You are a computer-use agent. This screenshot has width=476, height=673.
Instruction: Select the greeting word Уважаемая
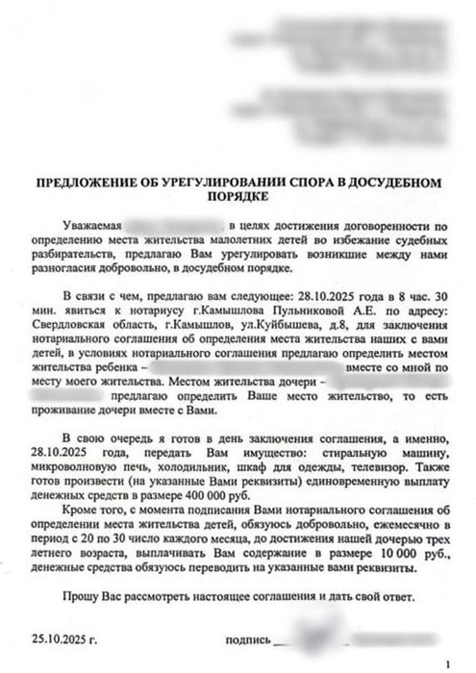(88, 223)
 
